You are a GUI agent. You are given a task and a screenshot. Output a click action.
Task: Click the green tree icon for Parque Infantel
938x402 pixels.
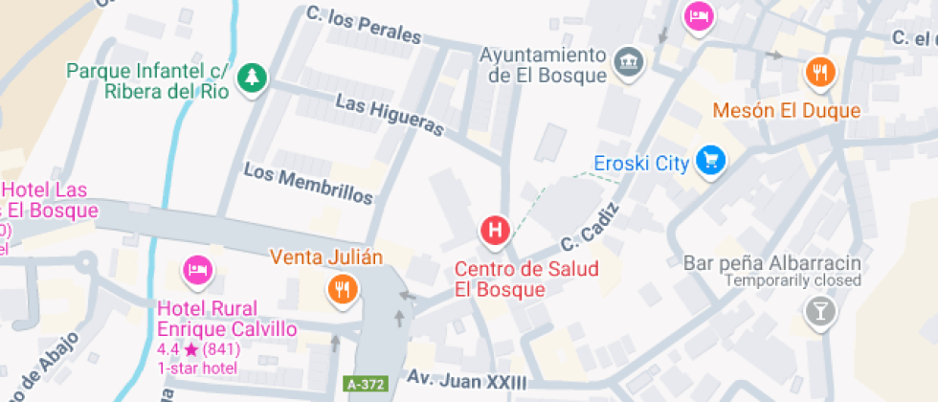pyautogui.click(x=253, y=78)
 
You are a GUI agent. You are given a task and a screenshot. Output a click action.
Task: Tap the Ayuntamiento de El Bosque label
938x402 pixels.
pyautogui.click(x=544, y=64)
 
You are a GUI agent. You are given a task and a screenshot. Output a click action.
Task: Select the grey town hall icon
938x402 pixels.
pyautogui.click(x=629, y=62)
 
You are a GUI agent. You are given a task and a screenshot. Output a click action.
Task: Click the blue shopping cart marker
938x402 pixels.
pyautogui.click(x=710, y=161)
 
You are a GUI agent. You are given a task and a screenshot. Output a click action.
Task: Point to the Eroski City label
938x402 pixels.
pyautogui.click(x=641, y=163)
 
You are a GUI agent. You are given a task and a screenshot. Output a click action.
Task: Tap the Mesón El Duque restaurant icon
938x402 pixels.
pyautogui.click(x=820, y=72)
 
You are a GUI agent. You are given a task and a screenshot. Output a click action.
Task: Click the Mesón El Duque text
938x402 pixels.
pyautogui.click(x=787, y=110)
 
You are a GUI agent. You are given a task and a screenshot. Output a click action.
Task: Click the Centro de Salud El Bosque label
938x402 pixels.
pyautogui.click(x=526, y=279)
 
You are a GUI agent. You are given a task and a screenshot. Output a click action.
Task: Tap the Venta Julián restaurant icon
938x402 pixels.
pyautogui.click(x=343, y=289)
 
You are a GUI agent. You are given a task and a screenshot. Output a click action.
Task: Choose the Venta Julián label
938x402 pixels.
pyautogui.click(x=326, y=257)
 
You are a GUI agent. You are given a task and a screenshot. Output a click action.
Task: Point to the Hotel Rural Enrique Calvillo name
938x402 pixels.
pyautogui.click(x=227, y=319)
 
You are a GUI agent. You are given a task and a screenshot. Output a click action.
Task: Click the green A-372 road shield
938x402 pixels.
pyautogui.click(x=366, y=385)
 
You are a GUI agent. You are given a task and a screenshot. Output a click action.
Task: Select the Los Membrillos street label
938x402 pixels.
pyautogui.click(x=308, y=183)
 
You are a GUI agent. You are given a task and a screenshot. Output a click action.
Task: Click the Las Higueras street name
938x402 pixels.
pyautogui.click(x=390, y=114)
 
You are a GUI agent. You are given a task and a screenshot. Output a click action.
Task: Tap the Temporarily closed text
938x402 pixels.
pyautogui.click(x=793, y=281)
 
